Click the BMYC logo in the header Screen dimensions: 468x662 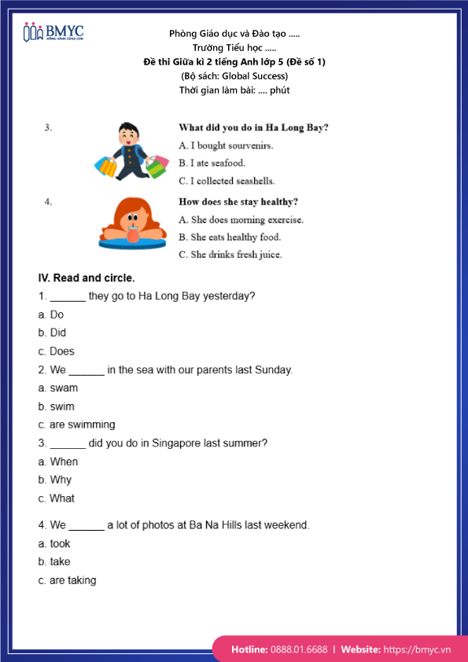[x=53, y=32]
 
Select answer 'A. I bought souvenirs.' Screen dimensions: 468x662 [x=226, y=145]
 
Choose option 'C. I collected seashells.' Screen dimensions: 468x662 [x=230, y=181]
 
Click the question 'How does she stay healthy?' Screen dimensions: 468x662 [x=238, y=202]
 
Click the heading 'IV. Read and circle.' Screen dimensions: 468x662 [x=87, y=278]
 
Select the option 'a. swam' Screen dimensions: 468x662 [x=57, y=388]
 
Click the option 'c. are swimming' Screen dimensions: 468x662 [x=76, y=425]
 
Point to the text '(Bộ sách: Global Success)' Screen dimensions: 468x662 [x=234, y=76]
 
